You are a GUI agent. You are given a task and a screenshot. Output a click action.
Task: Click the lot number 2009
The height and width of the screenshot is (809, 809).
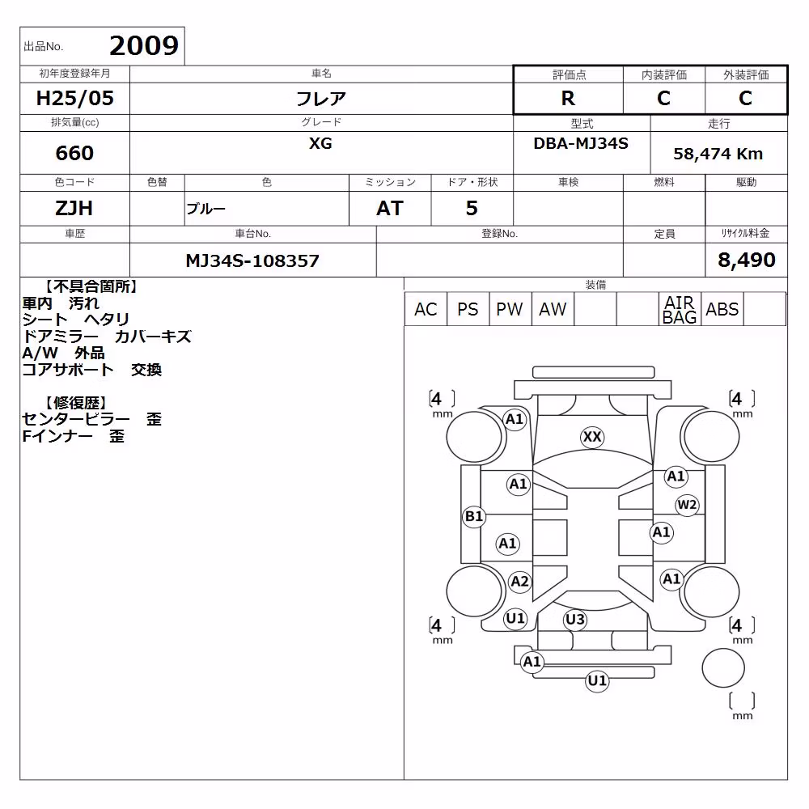click(x=144, y=46)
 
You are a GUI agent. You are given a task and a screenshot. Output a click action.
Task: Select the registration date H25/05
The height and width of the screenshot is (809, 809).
click(x=74, y=98)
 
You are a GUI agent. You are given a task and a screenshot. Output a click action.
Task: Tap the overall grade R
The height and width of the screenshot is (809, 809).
click(x=568, y=98)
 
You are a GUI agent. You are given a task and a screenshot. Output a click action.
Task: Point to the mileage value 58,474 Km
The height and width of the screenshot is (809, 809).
click(x=718, y=154)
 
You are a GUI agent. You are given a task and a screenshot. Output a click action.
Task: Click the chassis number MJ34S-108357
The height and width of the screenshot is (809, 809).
click(x=252, y=260)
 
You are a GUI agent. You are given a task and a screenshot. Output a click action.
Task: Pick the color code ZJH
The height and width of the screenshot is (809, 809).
click(x=74, y=209)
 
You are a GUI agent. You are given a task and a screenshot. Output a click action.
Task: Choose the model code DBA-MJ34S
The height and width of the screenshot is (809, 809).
click(x=581, y=143)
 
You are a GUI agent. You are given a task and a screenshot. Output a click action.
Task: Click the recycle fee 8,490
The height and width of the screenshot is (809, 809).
click(x=747, y=260)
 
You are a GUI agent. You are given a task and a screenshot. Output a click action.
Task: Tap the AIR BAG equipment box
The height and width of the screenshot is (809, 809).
click(x=680, y=310)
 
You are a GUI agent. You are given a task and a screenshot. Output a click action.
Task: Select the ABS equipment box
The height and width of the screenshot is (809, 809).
click(x=722, y=310)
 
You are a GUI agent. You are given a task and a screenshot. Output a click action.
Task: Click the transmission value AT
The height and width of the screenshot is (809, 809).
click(x=390, y=209)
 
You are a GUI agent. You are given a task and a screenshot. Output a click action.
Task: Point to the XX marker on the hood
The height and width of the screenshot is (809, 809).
click(x=592, y=437)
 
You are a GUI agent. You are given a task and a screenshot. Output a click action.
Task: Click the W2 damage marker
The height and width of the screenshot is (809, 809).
click(x=687, y=505)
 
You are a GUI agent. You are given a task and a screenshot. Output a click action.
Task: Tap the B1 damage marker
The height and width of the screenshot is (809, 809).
click(x=473, y=516)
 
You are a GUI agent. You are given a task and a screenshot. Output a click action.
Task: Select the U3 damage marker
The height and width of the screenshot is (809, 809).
click(x=574, y=619)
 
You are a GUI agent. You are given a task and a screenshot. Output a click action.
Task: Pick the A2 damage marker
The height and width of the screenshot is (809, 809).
click(x=519, y=582)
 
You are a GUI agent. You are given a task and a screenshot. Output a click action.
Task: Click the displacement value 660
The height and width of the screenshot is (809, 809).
click(x=74, y=153)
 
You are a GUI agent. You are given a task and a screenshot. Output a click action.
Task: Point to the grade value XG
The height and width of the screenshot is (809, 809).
click(x=320, y=143)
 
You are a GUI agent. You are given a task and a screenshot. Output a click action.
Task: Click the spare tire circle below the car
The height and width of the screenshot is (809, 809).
click(x=722, y=667)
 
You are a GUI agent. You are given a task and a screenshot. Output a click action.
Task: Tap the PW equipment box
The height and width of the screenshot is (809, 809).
click(x=510, y=310)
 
